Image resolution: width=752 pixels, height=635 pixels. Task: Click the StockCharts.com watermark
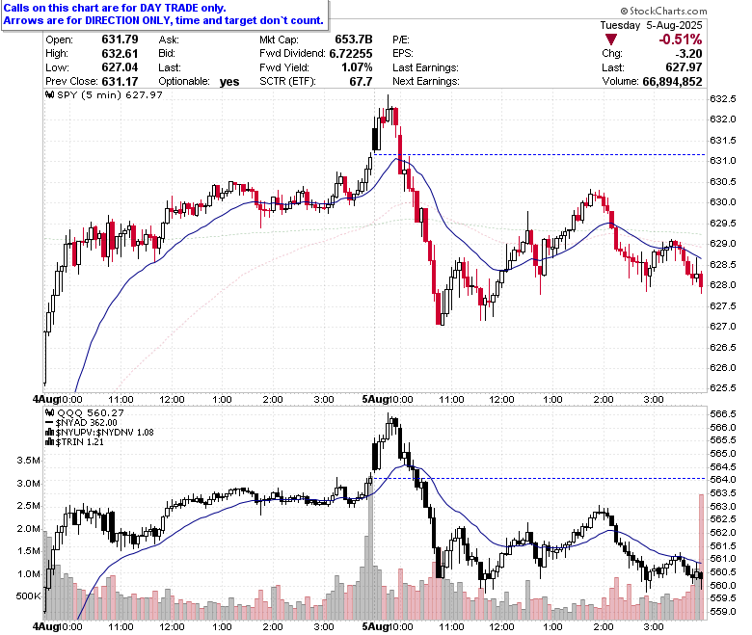pos(663,11)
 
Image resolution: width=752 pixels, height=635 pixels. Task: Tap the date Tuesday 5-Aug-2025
pos(651,25)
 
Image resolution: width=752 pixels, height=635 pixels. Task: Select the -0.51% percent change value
pos(680,40)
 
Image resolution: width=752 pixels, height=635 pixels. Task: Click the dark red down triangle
pos(611,40)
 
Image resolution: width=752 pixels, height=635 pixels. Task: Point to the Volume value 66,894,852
pos(672,82)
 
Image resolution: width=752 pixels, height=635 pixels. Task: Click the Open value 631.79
pos(120,40)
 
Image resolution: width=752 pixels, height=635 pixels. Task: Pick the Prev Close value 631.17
pos(120,82)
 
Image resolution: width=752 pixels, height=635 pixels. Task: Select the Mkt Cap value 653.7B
pos(354,40)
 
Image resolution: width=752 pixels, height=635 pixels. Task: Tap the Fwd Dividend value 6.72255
pos(351,53)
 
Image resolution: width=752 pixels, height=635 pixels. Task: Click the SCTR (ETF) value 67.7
pos(361,82)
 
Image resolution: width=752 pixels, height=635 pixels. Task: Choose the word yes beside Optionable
pos(229,82)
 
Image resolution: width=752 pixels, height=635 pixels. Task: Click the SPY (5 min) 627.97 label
pos(104,94)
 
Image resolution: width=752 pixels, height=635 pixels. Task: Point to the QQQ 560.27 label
pos(85,412)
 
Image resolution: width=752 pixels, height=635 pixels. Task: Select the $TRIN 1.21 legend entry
pos(74,442)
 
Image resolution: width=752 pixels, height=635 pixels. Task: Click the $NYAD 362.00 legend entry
pos(81,423)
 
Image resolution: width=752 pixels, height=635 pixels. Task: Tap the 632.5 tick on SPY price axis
pos(723,98)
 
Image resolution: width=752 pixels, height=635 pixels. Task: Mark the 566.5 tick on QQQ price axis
pos(723,414)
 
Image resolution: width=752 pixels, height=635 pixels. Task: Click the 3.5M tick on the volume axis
pos(28,461)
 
